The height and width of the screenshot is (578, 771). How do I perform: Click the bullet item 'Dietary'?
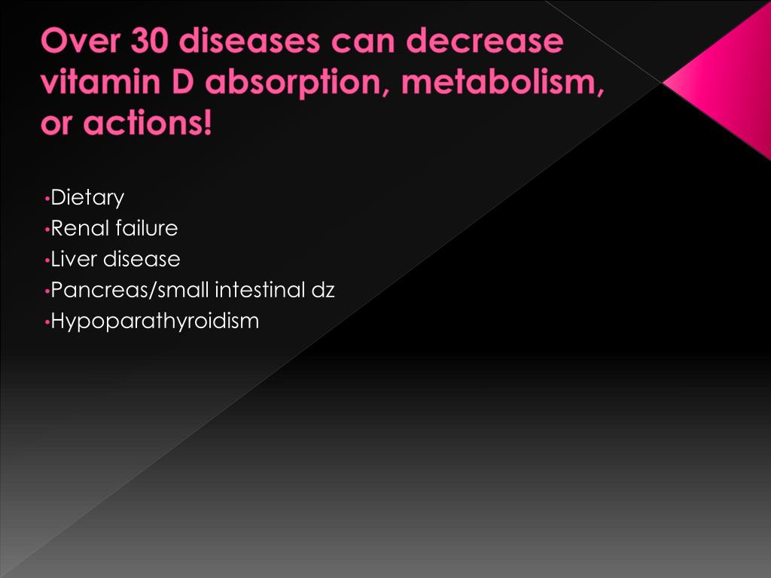[x=87, y=198]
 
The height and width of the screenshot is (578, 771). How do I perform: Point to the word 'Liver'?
[x=74, y=259]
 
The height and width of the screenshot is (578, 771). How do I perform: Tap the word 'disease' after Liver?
[x=142, y=259]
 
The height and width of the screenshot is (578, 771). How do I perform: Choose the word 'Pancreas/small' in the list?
[x=130, y=291]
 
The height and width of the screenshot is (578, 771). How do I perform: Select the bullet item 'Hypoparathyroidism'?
[x=154, y=321]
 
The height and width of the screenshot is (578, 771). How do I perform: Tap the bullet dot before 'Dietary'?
[x=47, y=199]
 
